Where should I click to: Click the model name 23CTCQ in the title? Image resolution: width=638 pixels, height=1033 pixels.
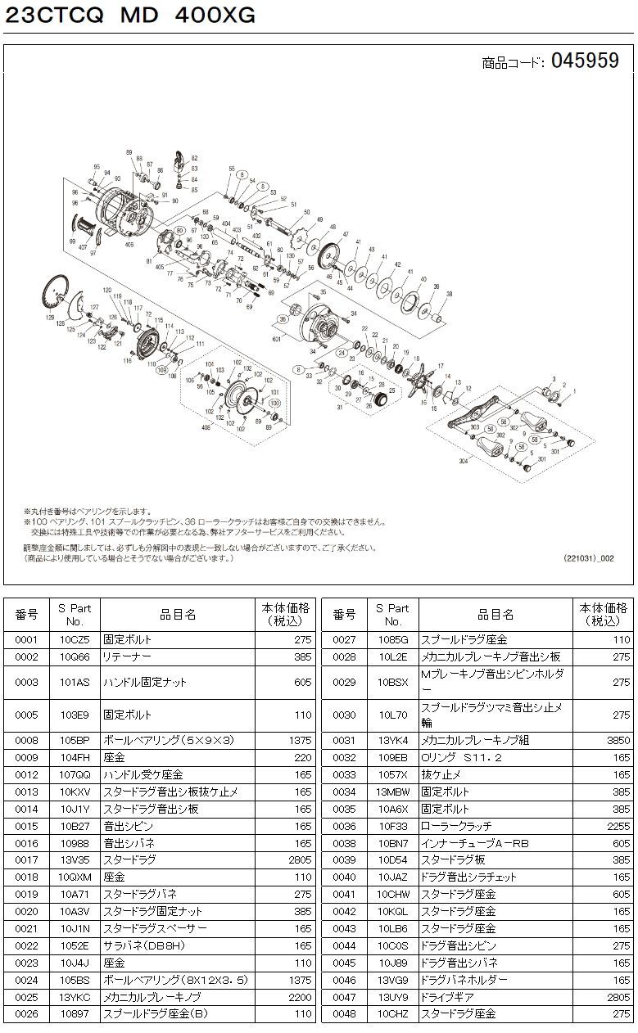[51, 16]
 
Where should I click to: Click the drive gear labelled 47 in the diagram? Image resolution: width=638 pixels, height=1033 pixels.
[331, 257]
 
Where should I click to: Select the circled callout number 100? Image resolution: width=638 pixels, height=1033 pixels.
[274, 404]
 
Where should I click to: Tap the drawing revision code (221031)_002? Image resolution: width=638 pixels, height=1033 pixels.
[587, 558]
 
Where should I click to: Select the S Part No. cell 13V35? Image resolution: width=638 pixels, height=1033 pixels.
[74, 859]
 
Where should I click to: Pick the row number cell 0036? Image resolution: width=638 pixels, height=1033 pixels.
[345, 825]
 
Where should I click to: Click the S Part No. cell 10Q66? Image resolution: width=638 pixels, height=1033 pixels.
[74, 656]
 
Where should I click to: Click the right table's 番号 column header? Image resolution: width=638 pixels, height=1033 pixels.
[345, 614]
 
